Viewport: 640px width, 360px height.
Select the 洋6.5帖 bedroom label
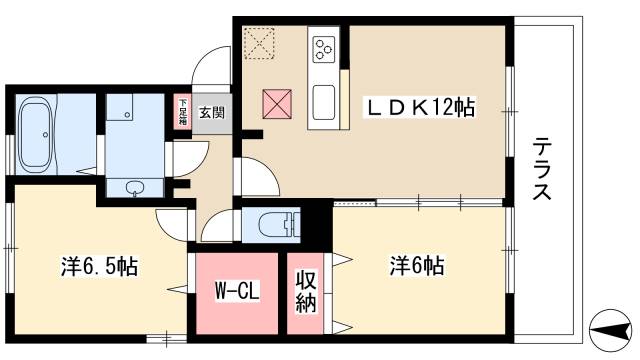pyautogui.click(x=98, y=266)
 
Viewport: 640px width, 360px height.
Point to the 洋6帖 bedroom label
pyautogui.click(x=417, y=266)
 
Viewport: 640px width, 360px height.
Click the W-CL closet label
pyautogui.click(x=236, y=294)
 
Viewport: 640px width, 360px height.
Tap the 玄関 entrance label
pyautogui.click(x=211, y=112)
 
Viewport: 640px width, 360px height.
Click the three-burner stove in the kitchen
pyautogui.click(x=324, y=50)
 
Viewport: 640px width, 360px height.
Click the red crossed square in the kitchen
pyautogui.click(x=276, y=102)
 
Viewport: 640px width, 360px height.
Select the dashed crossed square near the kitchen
pyautogui.click(x=261, y=42)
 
